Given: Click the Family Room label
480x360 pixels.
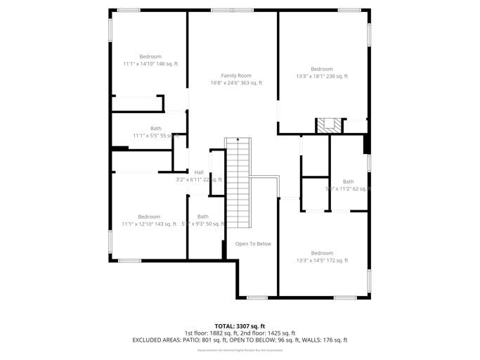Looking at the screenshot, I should tap(236, 75).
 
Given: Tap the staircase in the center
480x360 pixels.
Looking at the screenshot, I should tap(238, 181).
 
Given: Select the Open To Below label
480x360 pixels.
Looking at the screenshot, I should tap(253, 244).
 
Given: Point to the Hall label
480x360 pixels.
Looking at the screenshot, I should tap(199, 172).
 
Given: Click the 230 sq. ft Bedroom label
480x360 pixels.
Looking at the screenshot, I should tap(322, 69).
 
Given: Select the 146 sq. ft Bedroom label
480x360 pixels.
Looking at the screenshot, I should tap(150, 56).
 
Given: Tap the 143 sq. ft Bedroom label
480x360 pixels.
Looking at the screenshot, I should tap(149, 217).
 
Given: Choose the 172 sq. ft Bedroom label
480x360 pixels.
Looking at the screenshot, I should tap(322, 253).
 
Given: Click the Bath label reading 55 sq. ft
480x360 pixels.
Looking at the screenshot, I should tap(155, 128).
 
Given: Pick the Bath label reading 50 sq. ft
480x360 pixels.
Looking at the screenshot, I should tap(203, 217).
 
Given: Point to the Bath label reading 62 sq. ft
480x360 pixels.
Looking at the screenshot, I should tap(349, 181).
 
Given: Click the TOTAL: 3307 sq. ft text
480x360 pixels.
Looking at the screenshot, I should tap(240, 326).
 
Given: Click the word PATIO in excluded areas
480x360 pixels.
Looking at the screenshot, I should tap(191, 340).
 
